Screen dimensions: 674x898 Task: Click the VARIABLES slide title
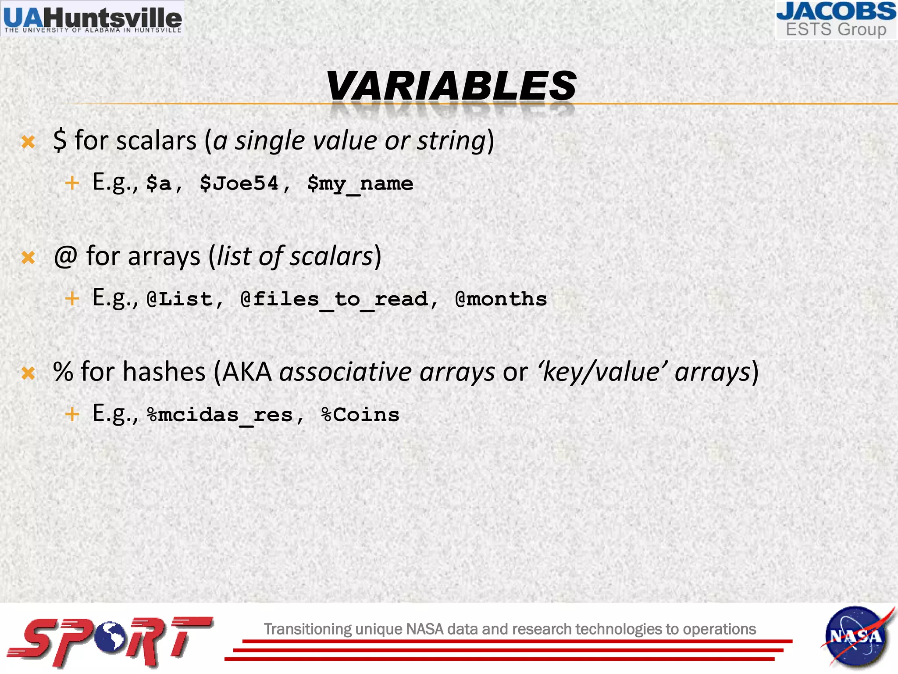451,86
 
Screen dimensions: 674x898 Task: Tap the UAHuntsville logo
93,18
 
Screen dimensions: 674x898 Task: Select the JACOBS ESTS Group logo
836,20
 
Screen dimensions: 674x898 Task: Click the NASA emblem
855,636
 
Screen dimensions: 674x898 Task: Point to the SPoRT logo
110,641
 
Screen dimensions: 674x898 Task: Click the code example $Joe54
239,183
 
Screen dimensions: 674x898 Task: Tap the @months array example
501,299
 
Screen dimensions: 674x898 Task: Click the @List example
180,299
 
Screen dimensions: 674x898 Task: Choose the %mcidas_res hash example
220,415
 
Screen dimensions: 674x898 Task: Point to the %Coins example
360,415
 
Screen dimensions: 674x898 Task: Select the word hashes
164,372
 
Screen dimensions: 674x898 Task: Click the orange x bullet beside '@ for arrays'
28,258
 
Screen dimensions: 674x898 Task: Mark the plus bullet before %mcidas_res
72,414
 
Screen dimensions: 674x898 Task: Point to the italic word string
451,141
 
